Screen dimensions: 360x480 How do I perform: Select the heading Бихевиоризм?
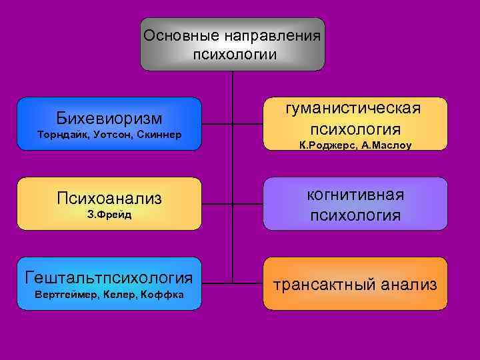(109, 118)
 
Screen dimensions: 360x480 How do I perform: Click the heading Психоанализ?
(109, 198)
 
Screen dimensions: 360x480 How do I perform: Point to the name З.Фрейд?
(109, 215)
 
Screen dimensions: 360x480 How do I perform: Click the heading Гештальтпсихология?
(109, 277)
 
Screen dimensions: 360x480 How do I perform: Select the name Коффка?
(163, 294)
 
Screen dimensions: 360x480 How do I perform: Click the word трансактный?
(325, 285)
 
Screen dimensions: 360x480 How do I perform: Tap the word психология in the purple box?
(355, 215)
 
